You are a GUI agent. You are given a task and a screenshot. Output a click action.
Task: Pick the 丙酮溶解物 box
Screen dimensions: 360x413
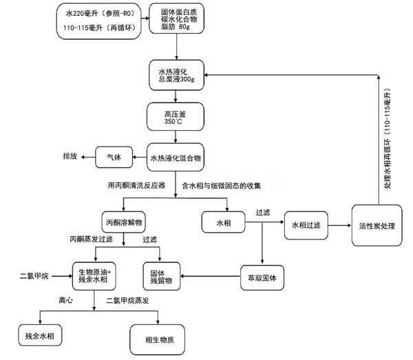click(x=124, y=223)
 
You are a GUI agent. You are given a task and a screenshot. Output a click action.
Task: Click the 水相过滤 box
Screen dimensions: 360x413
click(x=306, y=224)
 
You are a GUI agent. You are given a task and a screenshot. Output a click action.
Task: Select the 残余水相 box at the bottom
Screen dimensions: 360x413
click(x=40, y=335)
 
